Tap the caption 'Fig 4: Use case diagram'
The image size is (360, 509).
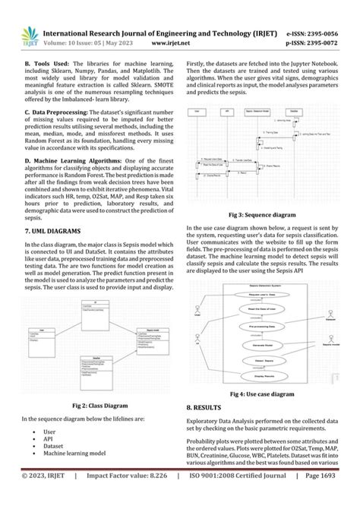(262, 395)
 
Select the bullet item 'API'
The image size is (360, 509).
(49, 438)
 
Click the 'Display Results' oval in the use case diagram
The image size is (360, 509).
(263, 375)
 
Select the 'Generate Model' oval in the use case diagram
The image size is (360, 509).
(263, 344)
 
